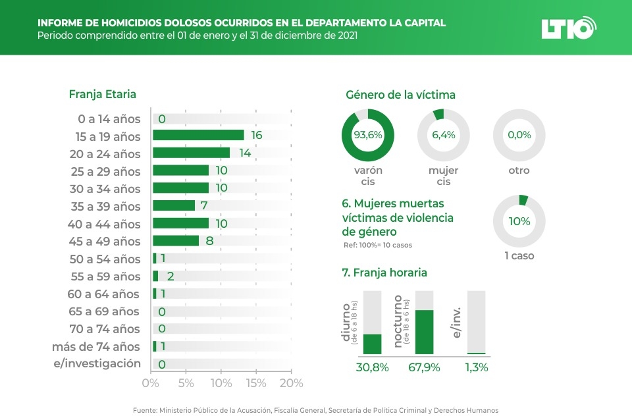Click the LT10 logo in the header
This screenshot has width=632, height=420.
[x=568, y=28]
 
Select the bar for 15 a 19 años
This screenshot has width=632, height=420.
[x=198, y=135]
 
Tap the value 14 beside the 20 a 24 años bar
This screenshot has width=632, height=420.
[x=245, y=153]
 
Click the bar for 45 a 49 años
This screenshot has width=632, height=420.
[x=176, y=241]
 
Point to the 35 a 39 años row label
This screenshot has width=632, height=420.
[x=106, y=206]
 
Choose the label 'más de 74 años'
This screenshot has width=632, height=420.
[x=96, y=346]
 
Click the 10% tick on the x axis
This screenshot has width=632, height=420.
[x=221, y=383]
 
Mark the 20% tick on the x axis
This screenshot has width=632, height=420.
[x=291, y=383]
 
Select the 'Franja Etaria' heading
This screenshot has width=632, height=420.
[x=102, y=94]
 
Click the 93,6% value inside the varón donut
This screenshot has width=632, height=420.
[x=367, y=135]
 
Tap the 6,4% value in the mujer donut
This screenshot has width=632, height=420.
[x=443, y=135]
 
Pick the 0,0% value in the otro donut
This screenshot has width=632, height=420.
[x=519, y=135]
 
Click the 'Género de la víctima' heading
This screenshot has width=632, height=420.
[x=400, y=95]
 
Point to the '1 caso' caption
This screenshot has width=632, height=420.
[x=519, y=255]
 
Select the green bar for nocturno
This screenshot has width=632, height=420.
[x=423, y=332]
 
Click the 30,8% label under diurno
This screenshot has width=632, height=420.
[x=373, y=367]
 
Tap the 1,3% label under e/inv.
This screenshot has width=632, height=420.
[x=476, y=367]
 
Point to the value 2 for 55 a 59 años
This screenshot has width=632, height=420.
[x=171, y=276]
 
